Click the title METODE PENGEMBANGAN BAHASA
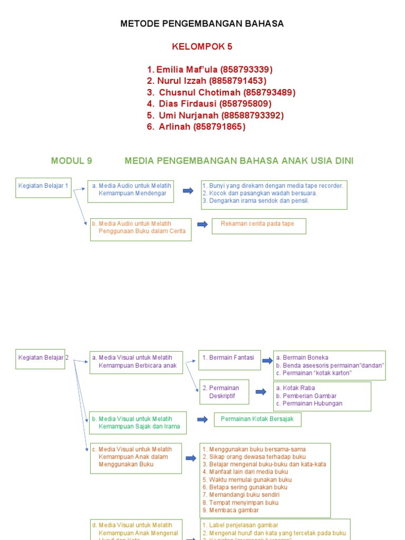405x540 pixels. tap(202, 24)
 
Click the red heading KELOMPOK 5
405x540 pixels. tap(202, 46)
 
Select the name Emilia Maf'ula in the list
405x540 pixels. tap(187, 70)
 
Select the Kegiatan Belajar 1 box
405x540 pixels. tap(43, 187)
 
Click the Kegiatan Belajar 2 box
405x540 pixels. tap(41, 359)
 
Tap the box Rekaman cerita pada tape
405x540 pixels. tap(258, 226)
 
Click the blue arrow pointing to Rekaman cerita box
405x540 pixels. tap(202, 225)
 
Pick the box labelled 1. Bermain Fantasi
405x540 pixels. tap(229, 359)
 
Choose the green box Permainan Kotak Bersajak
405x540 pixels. tap(257, 420)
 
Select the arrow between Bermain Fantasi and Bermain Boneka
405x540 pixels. tap(267, 361)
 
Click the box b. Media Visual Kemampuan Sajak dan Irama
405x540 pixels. tap(138, 423)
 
